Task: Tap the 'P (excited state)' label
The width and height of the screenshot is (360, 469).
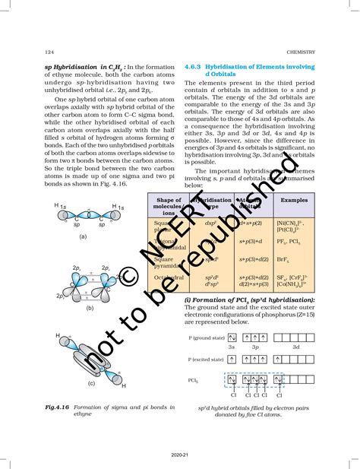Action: (205, 359)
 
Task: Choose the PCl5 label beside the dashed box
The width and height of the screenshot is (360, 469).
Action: (195, 378)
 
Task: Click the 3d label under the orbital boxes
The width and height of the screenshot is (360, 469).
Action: (295, 347)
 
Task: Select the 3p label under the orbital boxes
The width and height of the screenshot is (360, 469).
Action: (255, 347)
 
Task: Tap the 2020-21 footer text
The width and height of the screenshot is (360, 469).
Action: (180, 459)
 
